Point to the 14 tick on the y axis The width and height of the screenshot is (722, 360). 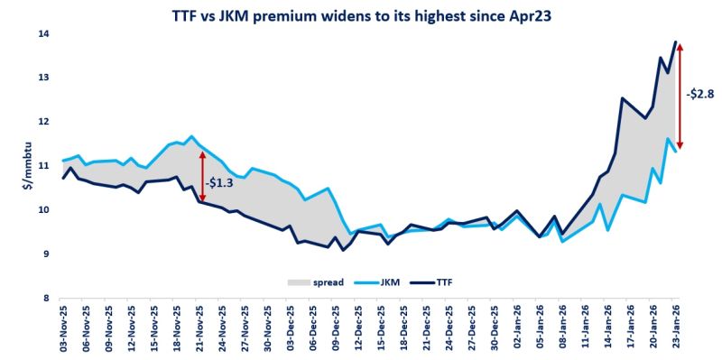pyautogui.click(x=42, y=34)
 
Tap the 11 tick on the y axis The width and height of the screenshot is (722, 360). pyautogui.click(x=42, y=166)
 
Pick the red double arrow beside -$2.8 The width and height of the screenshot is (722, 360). pyautogui.click(x=679, y=96)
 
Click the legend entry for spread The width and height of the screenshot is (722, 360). pyautogui.click(x=317, y=282)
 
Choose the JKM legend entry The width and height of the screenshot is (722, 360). pyautogui.click(x=389, y=282)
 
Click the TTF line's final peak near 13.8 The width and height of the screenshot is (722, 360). pyautogui.click(x=676, y=42)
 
